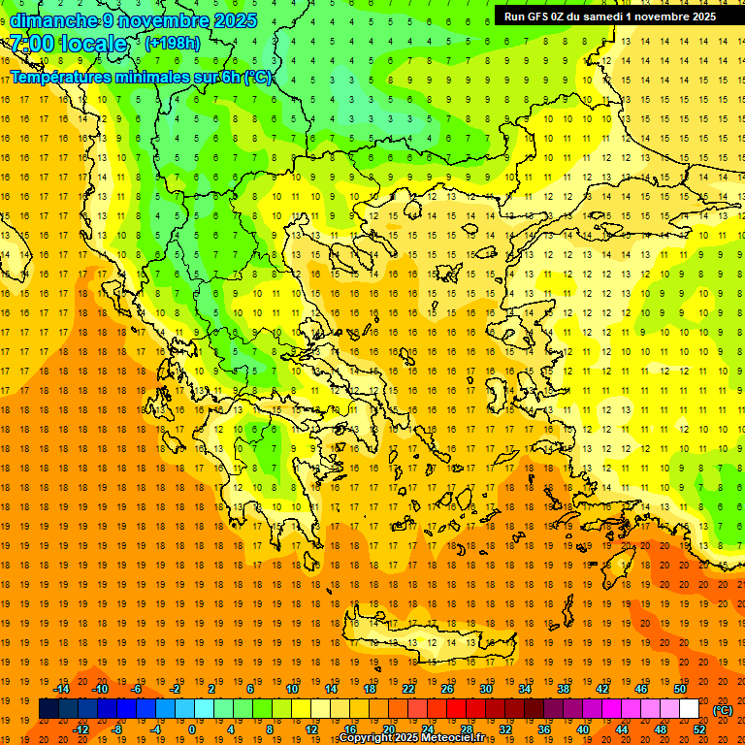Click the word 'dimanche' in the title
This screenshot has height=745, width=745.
pos(53,20)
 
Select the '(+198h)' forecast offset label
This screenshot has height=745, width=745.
pos(173,43)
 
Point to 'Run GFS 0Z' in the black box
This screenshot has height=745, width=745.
pos(537,16)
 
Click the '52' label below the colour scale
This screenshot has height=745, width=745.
pos(698,729)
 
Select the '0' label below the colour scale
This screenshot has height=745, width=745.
pos(191,729)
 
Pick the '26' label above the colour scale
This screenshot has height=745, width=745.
pos(447,689)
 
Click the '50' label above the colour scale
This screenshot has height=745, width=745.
pos(679,689)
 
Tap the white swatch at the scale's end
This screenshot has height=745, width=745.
pos(689,708)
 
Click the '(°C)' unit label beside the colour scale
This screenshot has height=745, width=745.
pos(723,710)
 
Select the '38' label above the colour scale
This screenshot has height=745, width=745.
pos(563,689)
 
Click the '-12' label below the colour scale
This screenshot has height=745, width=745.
pos(81,729)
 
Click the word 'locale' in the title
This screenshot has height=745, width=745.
pos(93,44)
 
